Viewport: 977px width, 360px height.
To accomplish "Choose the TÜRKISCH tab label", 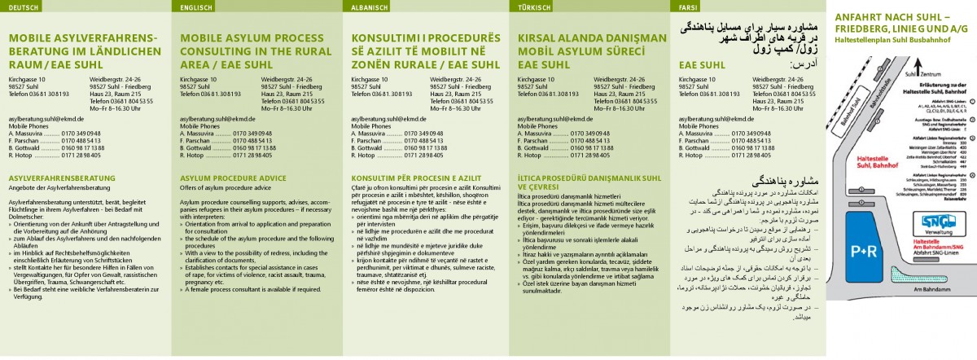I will pos(534,7).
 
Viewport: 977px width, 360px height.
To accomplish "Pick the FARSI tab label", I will pos(688,7).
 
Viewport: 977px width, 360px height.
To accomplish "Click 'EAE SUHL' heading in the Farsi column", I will pos(702,64).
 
